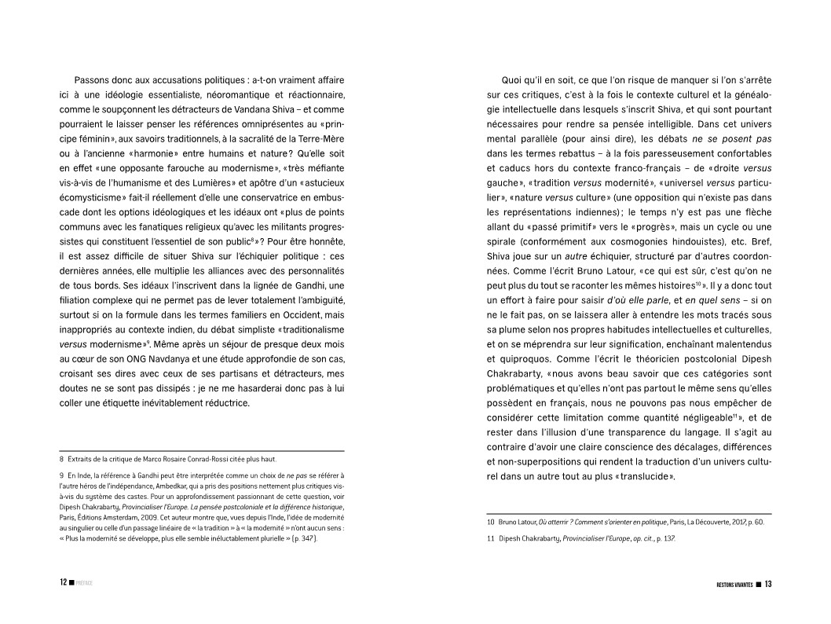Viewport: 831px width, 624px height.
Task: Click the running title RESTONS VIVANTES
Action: click(x=729, y=585)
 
